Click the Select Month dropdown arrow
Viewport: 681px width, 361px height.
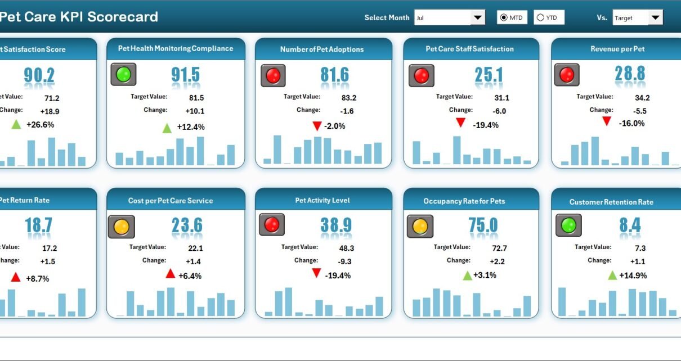478,18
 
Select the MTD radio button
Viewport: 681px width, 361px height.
504,18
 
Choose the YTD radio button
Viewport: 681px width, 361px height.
540,18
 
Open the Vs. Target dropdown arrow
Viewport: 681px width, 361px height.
655,18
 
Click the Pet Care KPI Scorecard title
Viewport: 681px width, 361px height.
79,17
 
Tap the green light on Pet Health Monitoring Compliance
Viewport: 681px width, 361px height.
123,74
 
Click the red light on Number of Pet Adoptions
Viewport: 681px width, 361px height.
273,75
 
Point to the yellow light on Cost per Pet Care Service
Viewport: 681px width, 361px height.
122,227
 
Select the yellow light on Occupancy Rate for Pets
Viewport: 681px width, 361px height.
420,226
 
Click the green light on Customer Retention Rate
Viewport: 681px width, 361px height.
568,225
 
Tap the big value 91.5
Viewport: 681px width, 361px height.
186,75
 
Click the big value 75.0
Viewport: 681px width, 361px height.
483,225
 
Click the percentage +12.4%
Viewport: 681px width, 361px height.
191,127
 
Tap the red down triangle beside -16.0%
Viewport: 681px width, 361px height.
606,121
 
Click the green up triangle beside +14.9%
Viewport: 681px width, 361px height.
612,275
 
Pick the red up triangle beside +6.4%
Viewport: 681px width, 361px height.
170,274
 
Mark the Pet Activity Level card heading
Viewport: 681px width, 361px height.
322,200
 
